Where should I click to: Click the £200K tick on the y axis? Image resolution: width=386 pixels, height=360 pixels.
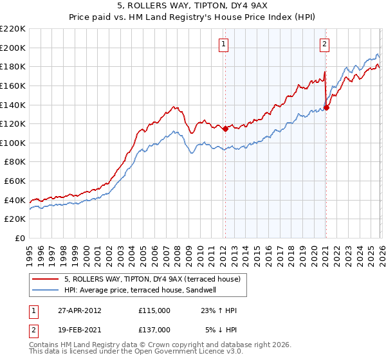click(13, 48)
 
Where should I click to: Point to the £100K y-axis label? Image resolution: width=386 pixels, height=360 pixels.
click(13, 143)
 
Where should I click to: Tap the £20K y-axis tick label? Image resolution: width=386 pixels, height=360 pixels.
click(15, 219)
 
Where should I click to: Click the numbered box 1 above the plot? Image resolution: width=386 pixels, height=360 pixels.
click(223, 44)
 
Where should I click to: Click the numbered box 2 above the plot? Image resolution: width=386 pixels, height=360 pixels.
click(324, 44)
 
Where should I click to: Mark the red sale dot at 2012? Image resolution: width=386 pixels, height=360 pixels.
click(225, 129)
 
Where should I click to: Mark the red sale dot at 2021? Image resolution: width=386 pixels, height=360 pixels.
click(326, 107)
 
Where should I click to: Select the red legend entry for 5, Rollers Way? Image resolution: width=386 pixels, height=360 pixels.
click(152, 278)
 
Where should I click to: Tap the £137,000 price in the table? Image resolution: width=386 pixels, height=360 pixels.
click(154, 329)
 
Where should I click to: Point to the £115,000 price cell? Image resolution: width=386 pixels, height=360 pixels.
click(154, 310)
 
